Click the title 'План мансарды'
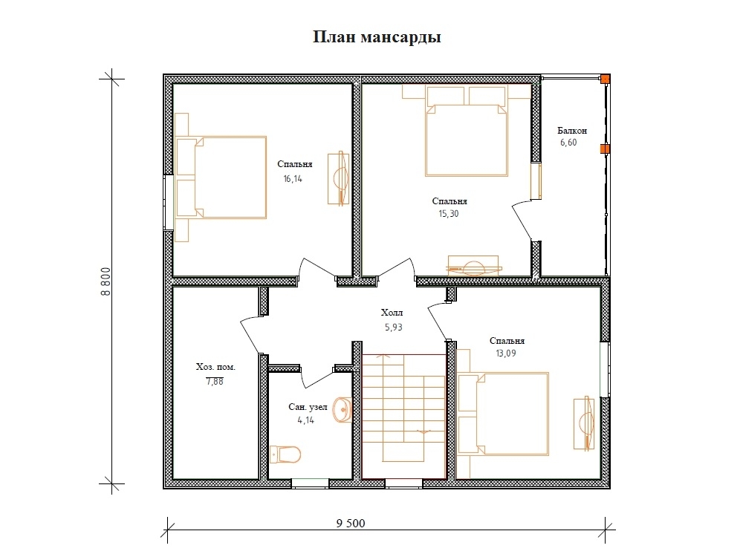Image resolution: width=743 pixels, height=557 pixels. click(377, 37)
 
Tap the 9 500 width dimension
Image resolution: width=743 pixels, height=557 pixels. click(351, 523)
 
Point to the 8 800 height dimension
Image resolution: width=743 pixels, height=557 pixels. click(106, 281)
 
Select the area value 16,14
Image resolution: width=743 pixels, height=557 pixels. click(293, 178)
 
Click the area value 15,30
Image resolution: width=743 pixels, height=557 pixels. click(449, 214)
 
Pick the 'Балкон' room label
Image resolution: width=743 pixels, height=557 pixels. click(572, 130)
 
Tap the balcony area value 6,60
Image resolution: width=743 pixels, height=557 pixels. click(568, 143)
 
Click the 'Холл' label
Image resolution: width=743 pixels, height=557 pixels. click(392, 313)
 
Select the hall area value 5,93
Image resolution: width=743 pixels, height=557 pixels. click(393, 327)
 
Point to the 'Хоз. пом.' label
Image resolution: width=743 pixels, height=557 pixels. click(215, 367)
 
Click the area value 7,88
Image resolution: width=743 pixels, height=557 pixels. click(215, 381)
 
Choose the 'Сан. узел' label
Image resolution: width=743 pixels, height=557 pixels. click(308, 407)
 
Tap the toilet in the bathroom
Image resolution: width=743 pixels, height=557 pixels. click(285, 455)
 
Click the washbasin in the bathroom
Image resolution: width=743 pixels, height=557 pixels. click(342, 409)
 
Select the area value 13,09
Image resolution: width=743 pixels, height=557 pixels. click(506, 354)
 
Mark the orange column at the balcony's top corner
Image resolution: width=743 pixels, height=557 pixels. click(606, 79)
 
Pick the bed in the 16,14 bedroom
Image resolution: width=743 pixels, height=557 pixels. click(221, 177)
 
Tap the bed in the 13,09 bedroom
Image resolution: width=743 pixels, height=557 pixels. click(503, 414)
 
